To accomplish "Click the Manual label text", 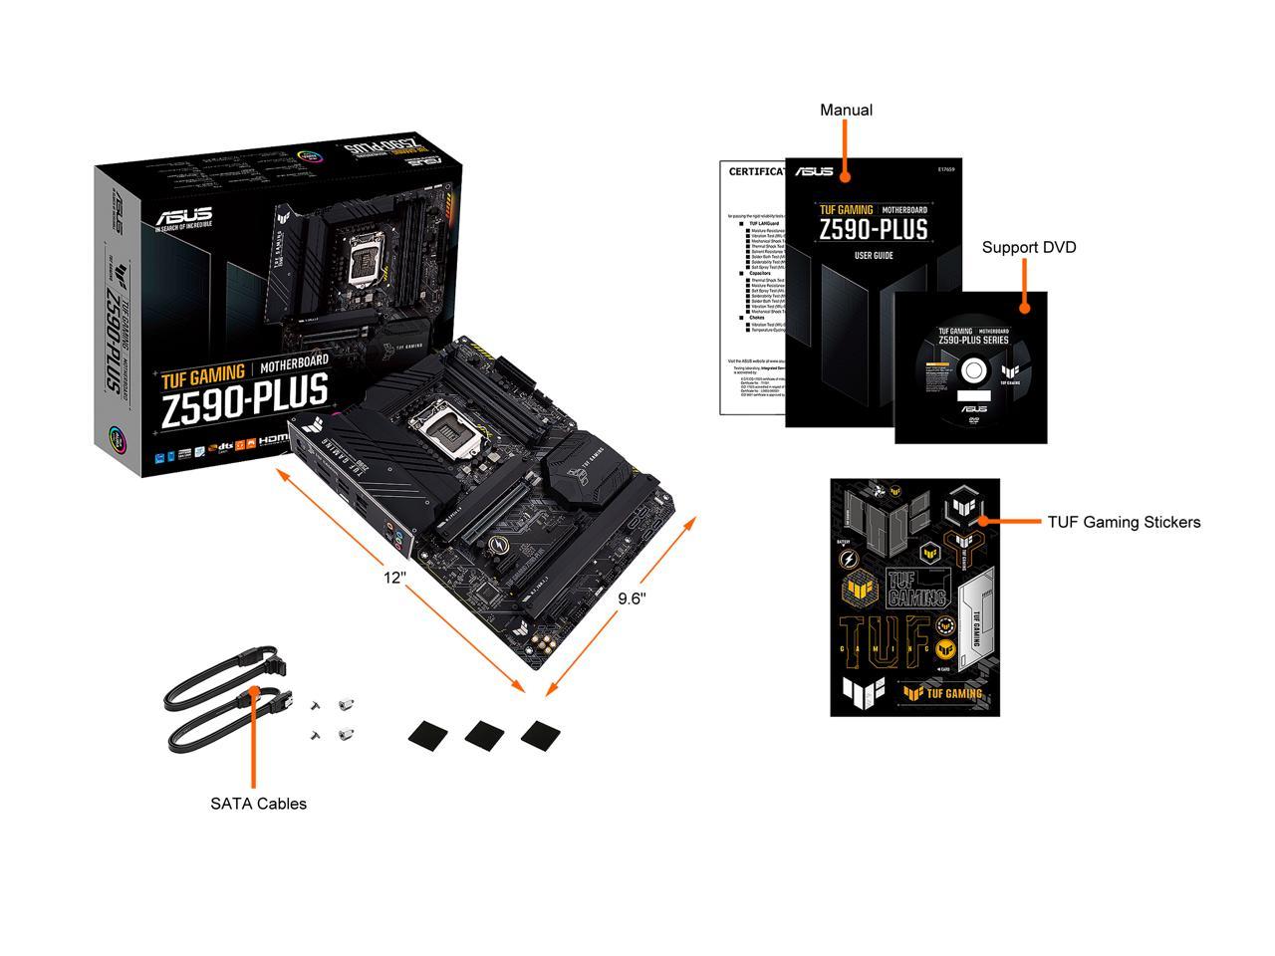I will coord(846,110).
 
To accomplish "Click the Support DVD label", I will coord(1029,247).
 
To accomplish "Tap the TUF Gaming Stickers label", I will coord(1124,522).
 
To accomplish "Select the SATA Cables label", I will coord(258,804).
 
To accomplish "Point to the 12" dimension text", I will coord(394,577).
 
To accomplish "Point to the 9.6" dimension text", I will coord(632,598).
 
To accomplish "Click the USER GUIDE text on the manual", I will coord(874,256).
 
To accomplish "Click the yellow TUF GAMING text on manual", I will coord(846,210).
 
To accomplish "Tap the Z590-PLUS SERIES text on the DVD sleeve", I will coord(973,341).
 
